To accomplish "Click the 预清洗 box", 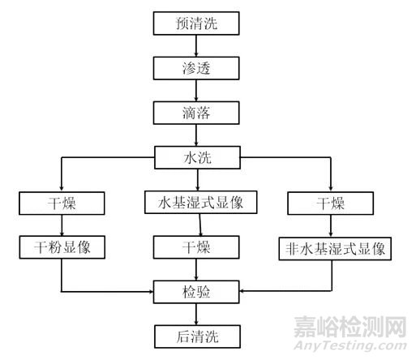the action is (x=196, y=24).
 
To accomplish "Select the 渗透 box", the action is (x=196, y=68).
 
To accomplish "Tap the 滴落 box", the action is (x=196, y=113).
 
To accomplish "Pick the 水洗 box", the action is (x=197, y=157).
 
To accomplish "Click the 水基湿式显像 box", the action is (x=201, y=203).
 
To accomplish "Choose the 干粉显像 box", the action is (x=62, y=247).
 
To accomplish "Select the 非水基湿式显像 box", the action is (x=335, y=249).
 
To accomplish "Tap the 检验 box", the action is (x=196, y=292).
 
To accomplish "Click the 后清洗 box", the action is (x=197, y=336).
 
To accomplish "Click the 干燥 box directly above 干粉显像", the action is (x=62, y=204).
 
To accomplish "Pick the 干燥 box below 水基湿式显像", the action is (x=196, y=247).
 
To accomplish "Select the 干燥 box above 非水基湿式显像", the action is (x=331, y=204).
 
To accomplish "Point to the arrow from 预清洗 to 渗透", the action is (x=196, y=46).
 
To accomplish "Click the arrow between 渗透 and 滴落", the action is (x=196, y=91).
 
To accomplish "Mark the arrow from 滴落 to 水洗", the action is (x=196, y=135).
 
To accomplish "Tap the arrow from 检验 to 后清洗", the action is (x=196, y=315).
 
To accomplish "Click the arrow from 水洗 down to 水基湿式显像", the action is (x=198, y=180).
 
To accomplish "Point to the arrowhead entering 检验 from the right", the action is (x=242, y=291).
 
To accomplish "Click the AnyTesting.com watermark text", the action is (x=350, y=345).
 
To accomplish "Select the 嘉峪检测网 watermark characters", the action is (x=350, y=327).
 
